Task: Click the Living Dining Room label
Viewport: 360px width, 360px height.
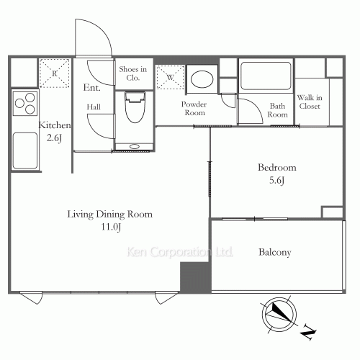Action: point(109,215)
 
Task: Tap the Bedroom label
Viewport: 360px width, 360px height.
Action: point(277,167)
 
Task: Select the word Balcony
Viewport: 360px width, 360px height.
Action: point(275,252)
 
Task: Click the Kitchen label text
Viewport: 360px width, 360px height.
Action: point(55,125)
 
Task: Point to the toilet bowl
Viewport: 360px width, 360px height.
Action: point(135,107)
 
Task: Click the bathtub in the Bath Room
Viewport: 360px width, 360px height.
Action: point(266,76)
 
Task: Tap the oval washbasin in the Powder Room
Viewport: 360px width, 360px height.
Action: point(202,78)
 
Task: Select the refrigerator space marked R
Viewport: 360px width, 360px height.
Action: point(55,73)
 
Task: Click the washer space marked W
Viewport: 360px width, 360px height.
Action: point(170,77)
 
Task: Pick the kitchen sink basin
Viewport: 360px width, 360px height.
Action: point(25,150)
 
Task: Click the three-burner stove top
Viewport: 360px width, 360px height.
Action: point(25,104)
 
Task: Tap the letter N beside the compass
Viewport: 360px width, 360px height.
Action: point(308,332)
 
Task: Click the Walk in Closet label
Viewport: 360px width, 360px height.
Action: point(310,102)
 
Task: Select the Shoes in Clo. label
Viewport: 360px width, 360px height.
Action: point(133,73)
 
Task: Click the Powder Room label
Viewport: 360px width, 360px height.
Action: point(194,109)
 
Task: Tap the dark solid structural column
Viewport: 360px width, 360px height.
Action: point(195,277)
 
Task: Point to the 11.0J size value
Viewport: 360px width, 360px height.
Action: point(111,227)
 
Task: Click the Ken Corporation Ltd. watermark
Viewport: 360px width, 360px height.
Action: point(179,252)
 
